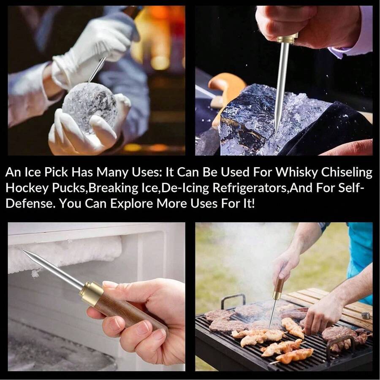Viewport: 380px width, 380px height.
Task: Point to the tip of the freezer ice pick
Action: click(22, 250)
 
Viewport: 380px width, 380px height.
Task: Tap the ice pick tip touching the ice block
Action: click(277, 132)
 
